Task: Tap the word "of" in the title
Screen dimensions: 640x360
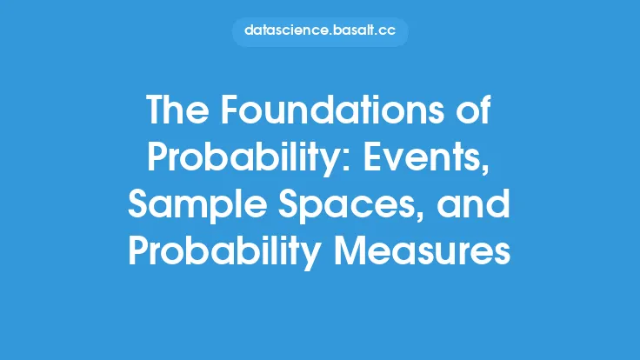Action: tap(473, 110)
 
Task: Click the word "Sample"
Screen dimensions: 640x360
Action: tap(197, 203)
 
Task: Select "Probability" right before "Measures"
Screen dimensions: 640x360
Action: tap(224, 251)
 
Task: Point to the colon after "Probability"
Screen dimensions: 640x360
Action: tap(346, 162)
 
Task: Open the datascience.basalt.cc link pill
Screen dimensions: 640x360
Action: tap(320, 31)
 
